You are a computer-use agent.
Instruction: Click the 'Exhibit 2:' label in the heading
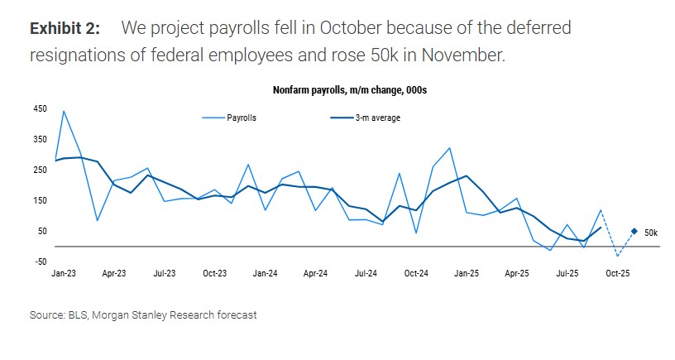(x=65, y=28)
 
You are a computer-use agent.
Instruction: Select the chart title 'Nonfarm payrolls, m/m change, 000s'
(x=350, y=89)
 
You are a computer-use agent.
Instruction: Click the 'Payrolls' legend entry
(x=242, y=118)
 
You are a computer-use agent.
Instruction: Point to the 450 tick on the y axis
(x=40, y=108)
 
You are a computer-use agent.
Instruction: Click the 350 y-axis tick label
(x=40, y=139)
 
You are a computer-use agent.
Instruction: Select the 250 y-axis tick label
(x=40, y=170)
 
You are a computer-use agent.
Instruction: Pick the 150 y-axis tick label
(x=40, y=200)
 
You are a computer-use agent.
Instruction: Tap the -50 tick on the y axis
(x=40, y=262)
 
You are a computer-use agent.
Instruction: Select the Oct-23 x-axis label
(x=215, y=273)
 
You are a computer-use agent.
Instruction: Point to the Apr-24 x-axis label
(x=315, y=273)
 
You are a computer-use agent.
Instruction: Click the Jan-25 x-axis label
(x=467, y=273)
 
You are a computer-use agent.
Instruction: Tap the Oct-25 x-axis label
(x=619, y=273)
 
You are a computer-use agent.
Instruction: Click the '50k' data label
(x=651, y=233)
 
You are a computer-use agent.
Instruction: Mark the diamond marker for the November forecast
(x=634, y=232)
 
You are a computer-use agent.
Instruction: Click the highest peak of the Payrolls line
(x=64, y=111)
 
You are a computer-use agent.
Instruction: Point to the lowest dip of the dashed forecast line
(x=617, y=256)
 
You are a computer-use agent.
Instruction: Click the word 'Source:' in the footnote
(x=47, y=315)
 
